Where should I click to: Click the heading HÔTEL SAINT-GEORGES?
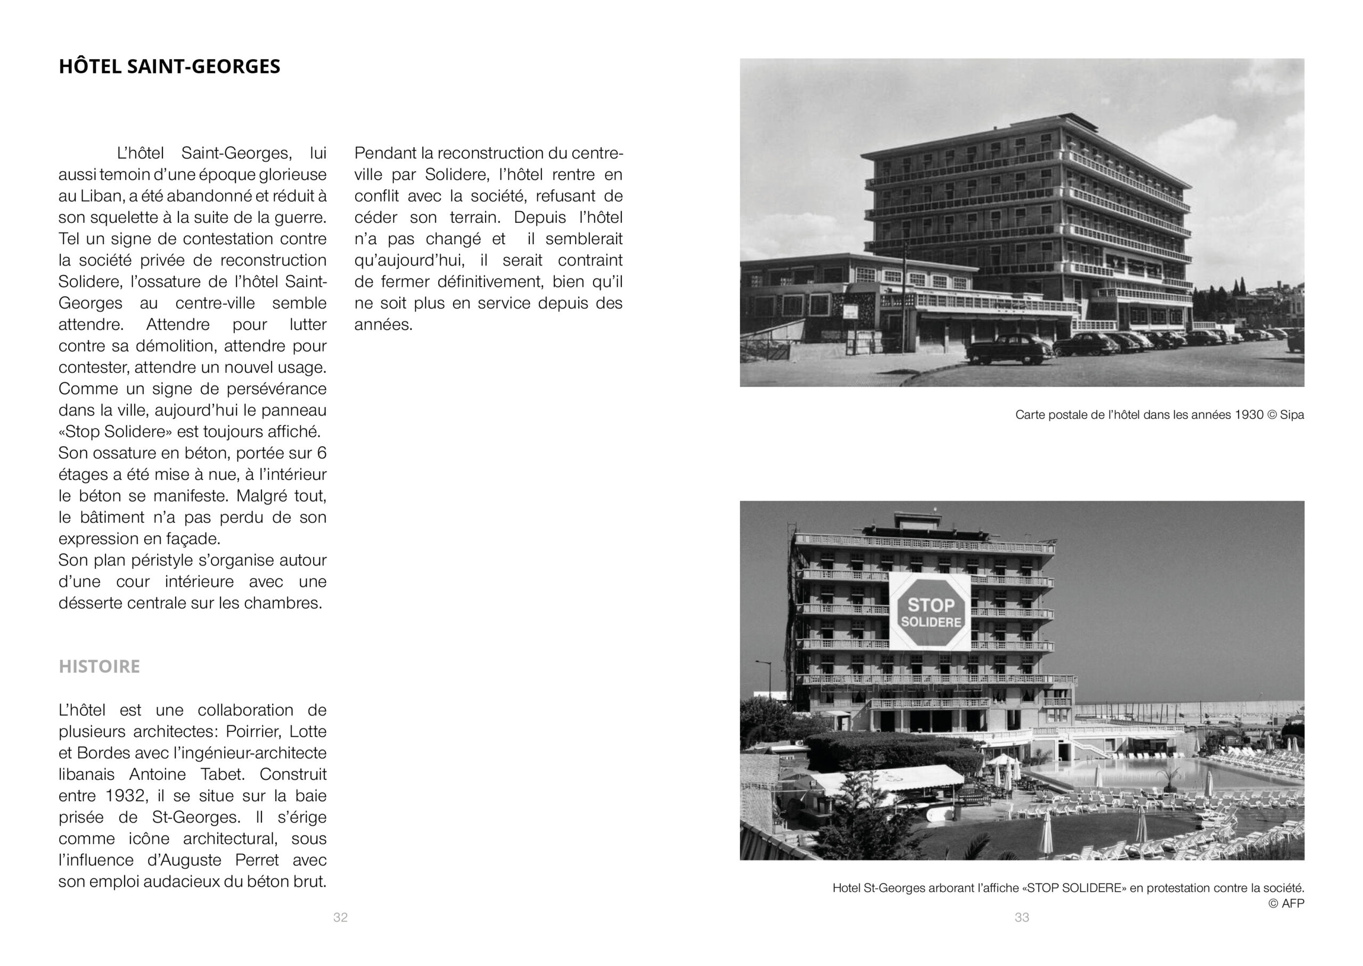tap(169, 66)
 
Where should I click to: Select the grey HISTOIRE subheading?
tap(99, 666)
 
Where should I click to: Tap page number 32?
tap(340, 917)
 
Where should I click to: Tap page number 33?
tap(1021, 917)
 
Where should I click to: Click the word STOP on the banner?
tap(931, 605)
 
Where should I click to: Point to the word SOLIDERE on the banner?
tap(931, 622)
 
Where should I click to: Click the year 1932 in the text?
tap(127, 796)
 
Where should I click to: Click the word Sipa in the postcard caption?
tap(1292, 414)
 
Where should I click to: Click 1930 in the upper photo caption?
tap(1249, 414)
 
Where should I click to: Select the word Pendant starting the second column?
tap(384, 154)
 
